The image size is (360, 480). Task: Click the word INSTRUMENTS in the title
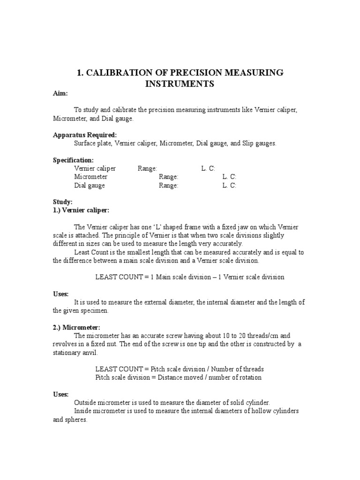tap(180, 84)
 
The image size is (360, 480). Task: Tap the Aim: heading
tap(60, 94)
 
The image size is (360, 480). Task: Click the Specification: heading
tap(73, 160)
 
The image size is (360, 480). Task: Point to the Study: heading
tap(62, 202)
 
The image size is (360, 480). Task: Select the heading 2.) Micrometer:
tap(76, 327)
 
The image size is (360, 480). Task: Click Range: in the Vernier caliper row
tap(148, 168)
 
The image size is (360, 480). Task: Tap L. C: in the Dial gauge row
tap(229, 185)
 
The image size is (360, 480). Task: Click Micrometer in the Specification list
tap(91, 177)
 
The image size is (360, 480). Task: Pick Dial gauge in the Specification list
tap(90, 185)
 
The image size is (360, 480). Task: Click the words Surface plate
tap(92, 143)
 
